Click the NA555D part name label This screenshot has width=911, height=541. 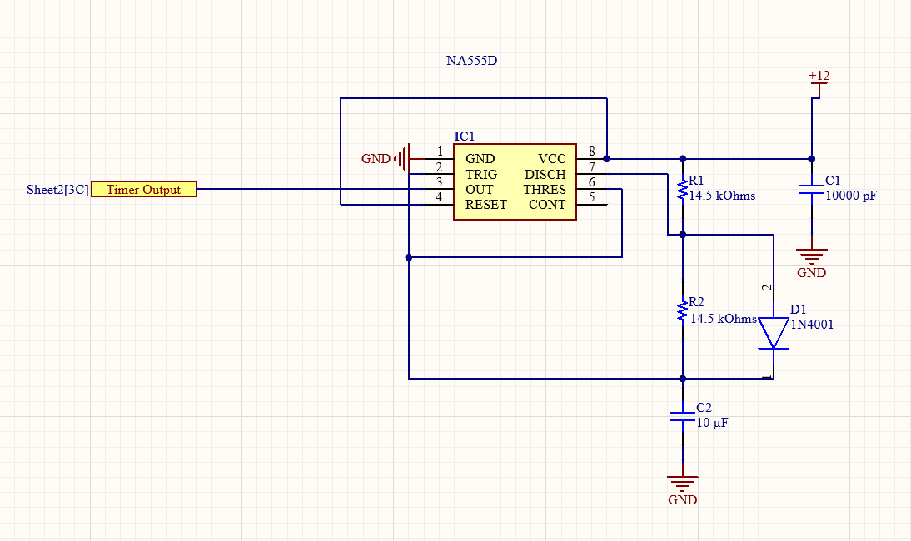point(472,61)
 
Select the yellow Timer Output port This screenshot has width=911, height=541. point(143,189)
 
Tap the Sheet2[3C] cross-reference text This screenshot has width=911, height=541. point(57,190)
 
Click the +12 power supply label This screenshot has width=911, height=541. point(819,76)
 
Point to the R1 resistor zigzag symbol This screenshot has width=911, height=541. point(683,190)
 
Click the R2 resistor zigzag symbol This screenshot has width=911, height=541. point(683,310)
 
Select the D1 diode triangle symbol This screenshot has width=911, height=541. point(774,333)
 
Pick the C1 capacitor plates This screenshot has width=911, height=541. point(812,189)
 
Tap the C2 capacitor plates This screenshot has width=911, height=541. point(683,416)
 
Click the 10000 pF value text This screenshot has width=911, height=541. point(850,196)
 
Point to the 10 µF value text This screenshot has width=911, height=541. point(712,423)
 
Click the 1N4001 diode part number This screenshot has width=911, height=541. point(812,325)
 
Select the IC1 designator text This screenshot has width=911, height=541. point(464,136)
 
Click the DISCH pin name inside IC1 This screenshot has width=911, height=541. point(545,174)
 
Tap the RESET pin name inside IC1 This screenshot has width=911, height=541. point(486,205)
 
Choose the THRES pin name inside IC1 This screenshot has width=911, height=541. point(545,190)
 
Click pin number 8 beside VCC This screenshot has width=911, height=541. point(592,151)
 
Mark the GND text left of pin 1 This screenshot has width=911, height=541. point(376,158)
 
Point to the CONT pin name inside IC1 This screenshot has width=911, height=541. point(547,205)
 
